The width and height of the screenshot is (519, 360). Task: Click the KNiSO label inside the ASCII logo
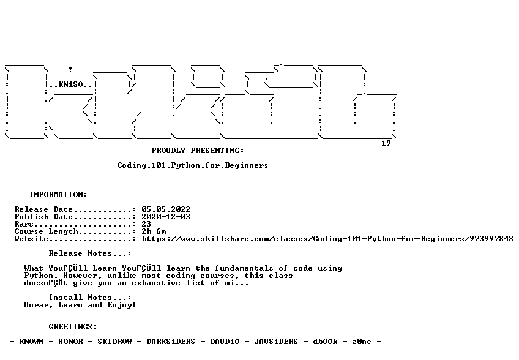[x=71, y=84]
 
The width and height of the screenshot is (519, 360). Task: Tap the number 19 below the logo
[x=386, y=143]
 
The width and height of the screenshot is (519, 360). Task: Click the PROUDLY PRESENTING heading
[x=198, y=151]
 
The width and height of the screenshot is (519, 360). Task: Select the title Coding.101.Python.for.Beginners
[x=193, y=165]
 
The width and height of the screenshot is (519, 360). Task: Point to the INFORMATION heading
[x=58, y=195]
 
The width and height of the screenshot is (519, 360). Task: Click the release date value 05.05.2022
[x=166, y=209]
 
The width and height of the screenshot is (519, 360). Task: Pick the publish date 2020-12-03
[x=166, y=217]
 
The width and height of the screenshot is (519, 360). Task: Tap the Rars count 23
[x=146, y=224]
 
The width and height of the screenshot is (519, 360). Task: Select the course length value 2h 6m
[x=154, y=231]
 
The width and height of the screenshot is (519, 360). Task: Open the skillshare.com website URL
[x=327, y=239]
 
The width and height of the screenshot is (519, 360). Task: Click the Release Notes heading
[x=90, y=253]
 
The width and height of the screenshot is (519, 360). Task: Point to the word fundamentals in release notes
[x=244, y=268]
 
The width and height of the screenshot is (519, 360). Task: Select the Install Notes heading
[x=90, y=298]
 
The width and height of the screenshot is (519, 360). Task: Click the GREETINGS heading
[x=73, y=327]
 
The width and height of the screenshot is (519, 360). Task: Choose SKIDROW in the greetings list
[x=114, y=342]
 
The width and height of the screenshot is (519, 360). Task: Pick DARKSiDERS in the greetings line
[x=171, y=342]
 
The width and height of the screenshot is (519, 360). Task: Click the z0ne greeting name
[x=362, y=342]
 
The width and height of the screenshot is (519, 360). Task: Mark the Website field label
[x=31, y=239]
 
